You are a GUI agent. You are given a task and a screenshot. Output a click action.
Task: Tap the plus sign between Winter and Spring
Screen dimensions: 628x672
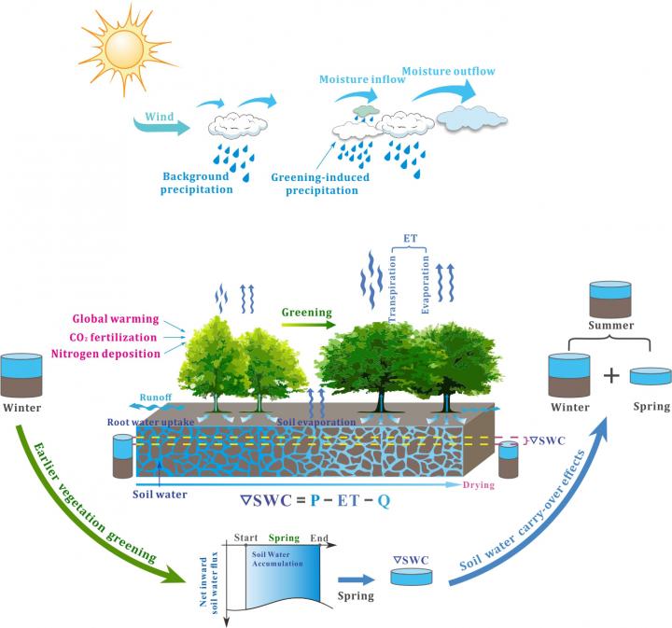pos(610,376)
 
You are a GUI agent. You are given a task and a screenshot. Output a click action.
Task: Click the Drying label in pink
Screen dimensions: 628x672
pos(478,485)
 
